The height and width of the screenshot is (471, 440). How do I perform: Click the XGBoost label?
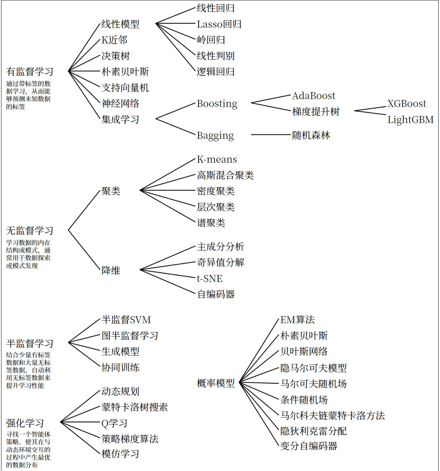tap(407, 104)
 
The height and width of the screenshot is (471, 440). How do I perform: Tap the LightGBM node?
tap(410, 120)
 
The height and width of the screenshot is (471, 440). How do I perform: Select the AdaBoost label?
tap(313, 96)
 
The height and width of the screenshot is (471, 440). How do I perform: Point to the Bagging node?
tap(215, 135)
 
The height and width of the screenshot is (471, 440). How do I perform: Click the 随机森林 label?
tap(311, 135)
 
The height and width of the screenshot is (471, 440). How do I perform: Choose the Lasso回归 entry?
tap(219, 24)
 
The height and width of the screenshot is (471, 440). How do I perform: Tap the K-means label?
tap(217, 159)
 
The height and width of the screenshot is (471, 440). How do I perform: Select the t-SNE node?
tap(210, 279)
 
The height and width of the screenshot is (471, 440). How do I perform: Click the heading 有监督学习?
tap(30, 72)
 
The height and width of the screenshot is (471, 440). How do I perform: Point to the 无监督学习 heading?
tap(30, 230)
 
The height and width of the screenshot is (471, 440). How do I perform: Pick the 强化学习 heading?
tap(25, 423)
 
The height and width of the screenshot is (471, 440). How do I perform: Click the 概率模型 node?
tap(216, 383)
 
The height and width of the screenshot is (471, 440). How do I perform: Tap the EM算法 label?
tap(297, 320)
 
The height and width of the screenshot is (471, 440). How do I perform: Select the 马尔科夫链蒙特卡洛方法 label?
tap(332, 416)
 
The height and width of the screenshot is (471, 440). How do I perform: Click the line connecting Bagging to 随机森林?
tap(271, 135)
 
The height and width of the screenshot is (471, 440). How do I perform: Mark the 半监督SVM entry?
tap(126, 320)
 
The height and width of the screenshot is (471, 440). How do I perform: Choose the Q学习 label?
tap(114, 423)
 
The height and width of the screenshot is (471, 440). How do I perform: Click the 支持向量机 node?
tap(125, 88)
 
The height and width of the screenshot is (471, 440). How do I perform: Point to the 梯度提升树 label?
tap(316, 112)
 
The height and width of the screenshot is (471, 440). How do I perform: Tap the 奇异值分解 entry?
tap(220, 262)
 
